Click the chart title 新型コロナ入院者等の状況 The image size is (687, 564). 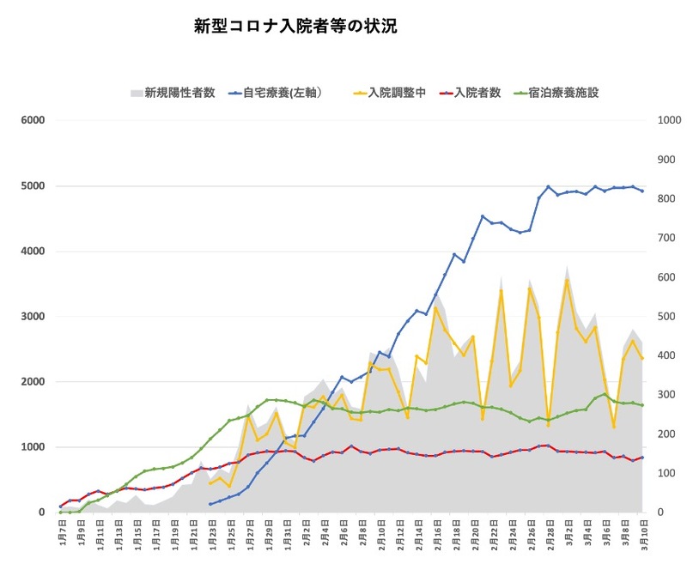[x=295, y=27]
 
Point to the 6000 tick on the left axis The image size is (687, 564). [x=32, y=120]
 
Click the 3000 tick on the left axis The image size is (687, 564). [x=32, y=317]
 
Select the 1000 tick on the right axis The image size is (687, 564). [x=666, y=120]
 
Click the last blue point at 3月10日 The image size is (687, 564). [x=642, y=191]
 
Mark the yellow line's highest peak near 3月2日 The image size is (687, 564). [x=567, y=280]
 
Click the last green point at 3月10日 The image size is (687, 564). [x=642, y=405]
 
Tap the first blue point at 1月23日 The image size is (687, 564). [x=210, y=504]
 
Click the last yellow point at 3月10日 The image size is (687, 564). [x=642, y=358]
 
